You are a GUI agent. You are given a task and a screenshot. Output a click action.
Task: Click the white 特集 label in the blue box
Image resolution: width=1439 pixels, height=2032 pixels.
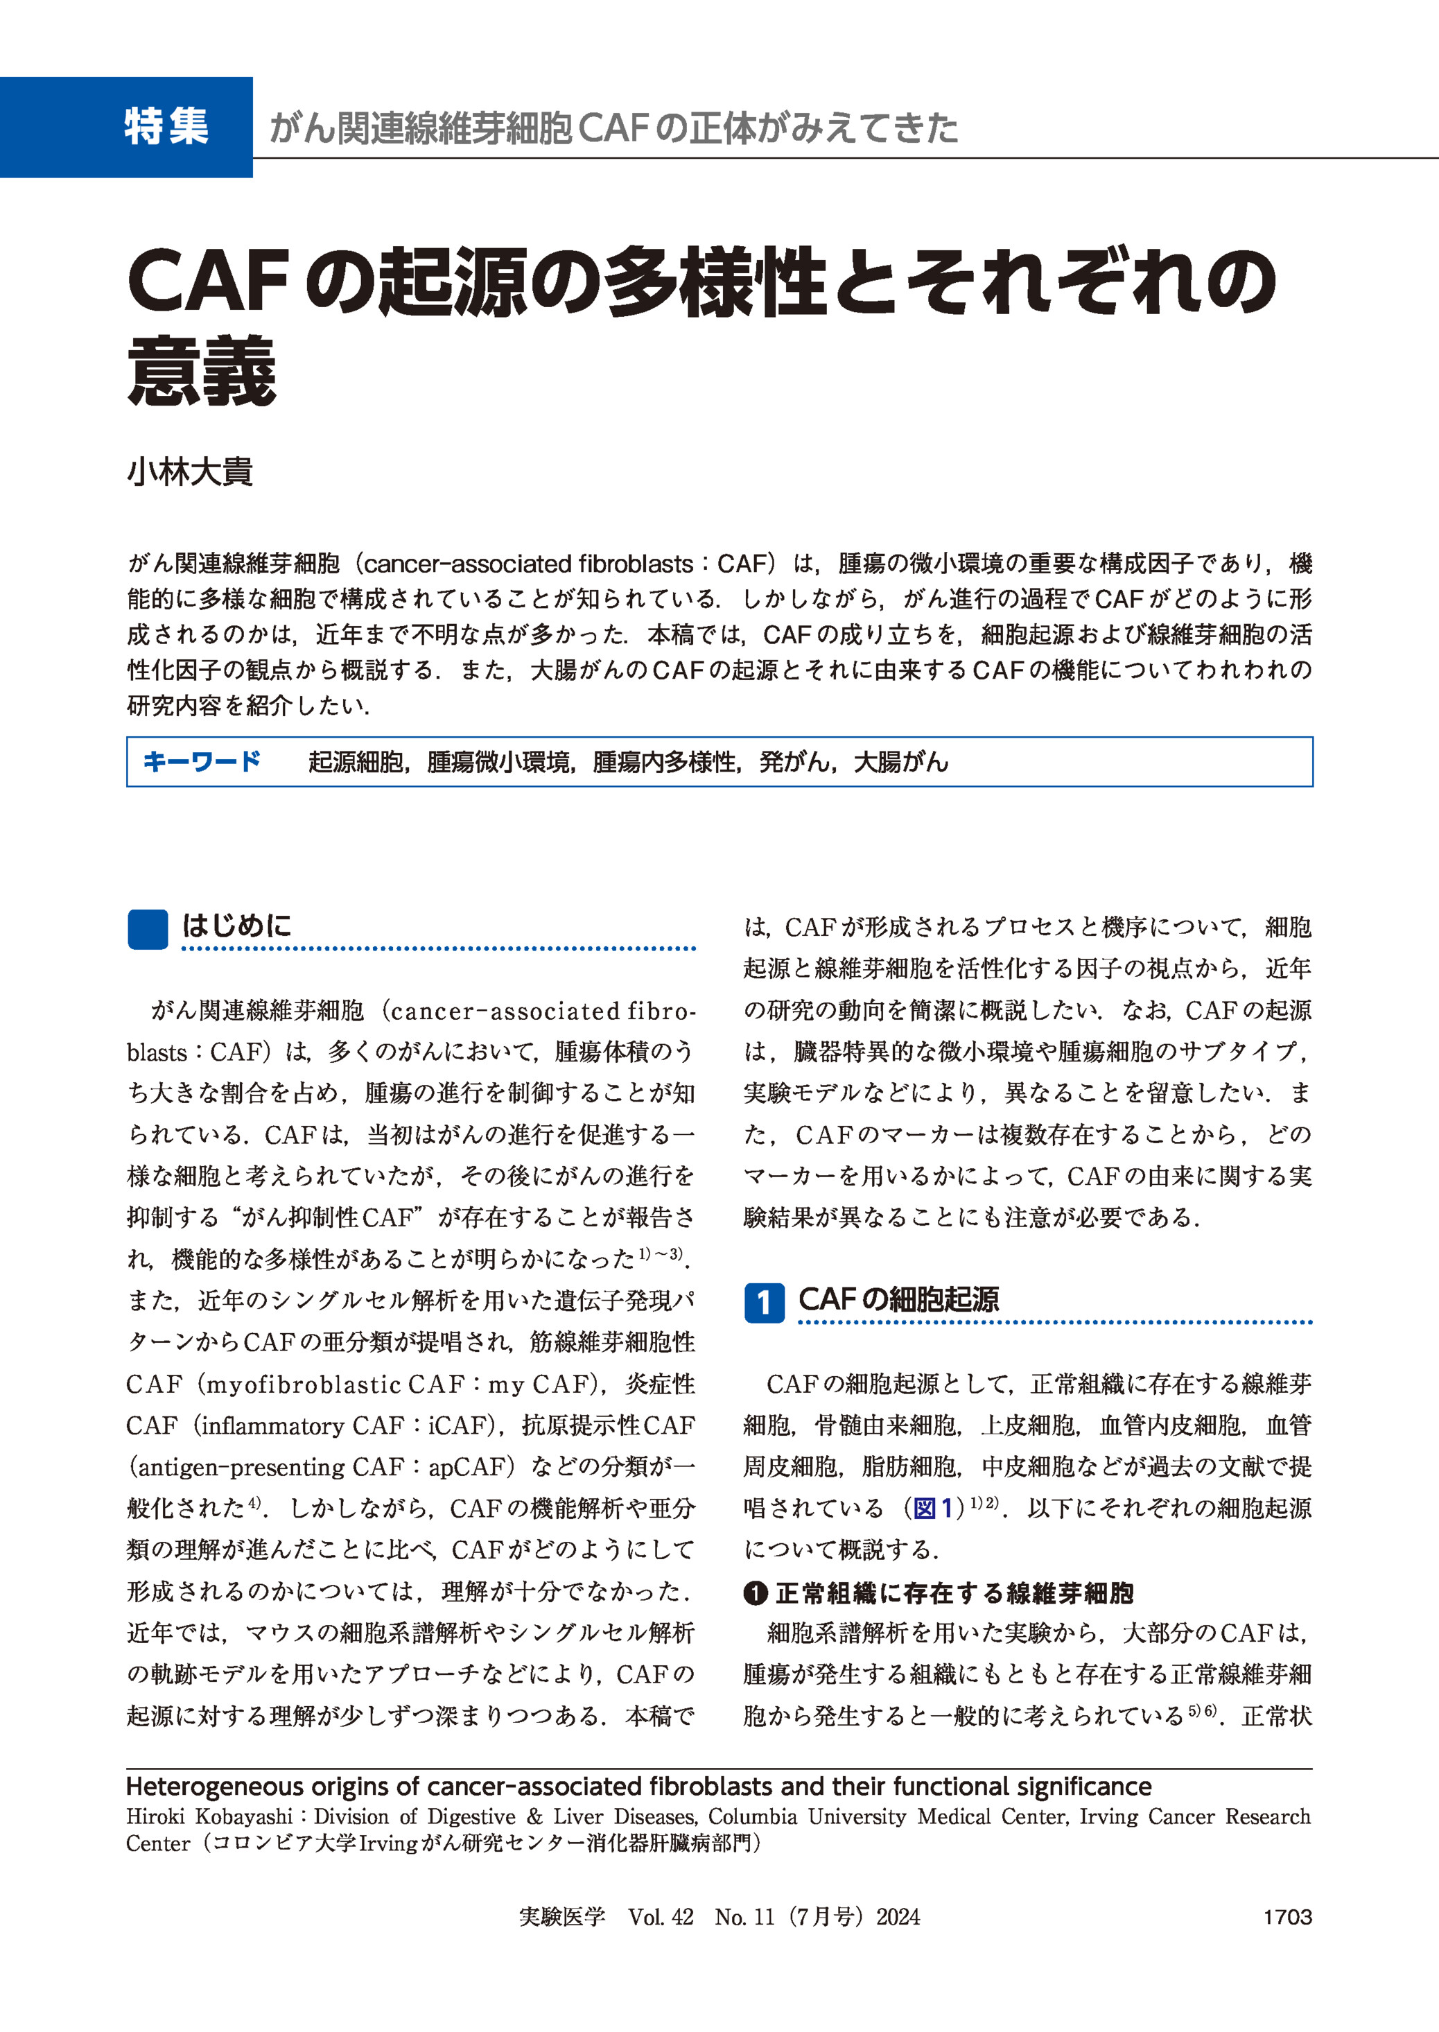click(166, 126)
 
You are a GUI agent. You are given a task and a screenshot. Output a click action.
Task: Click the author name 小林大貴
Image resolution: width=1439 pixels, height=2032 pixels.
click(190, 471)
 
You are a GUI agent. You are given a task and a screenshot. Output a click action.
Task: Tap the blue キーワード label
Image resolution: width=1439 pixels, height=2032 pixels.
click(202, 761)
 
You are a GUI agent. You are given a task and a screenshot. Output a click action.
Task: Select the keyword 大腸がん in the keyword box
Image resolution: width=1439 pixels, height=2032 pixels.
click(900, 762)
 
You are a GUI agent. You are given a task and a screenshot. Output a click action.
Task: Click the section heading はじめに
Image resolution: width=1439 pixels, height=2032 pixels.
click(236, 926)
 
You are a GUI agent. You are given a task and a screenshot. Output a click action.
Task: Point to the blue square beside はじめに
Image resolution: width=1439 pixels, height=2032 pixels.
click(147, 930)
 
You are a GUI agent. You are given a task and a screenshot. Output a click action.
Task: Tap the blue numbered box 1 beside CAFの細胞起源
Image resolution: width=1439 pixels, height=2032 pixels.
click(764, 1303)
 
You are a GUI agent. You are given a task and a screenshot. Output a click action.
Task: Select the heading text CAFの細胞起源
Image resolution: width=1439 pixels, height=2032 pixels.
click(898, 1300)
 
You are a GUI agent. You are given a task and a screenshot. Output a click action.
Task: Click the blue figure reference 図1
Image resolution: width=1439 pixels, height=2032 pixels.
click(933, 1509)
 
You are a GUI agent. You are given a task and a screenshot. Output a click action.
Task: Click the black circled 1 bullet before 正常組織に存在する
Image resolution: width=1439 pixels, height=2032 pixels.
click(755, 1593)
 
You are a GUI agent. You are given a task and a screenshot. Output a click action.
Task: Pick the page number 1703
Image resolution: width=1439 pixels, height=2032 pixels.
click(1287, 1918)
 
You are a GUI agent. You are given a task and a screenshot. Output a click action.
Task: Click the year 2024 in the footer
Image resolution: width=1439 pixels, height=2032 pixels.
click(898, 1918)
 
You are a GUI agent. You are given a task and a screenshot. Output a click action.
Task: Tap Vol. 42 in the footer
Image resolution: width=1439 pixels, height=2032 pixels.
click(660, 1918)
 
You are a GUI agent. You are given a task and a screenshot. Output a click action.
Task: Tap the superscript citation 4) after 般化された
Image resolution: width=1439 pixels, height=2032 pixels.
click(255, 1503)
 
